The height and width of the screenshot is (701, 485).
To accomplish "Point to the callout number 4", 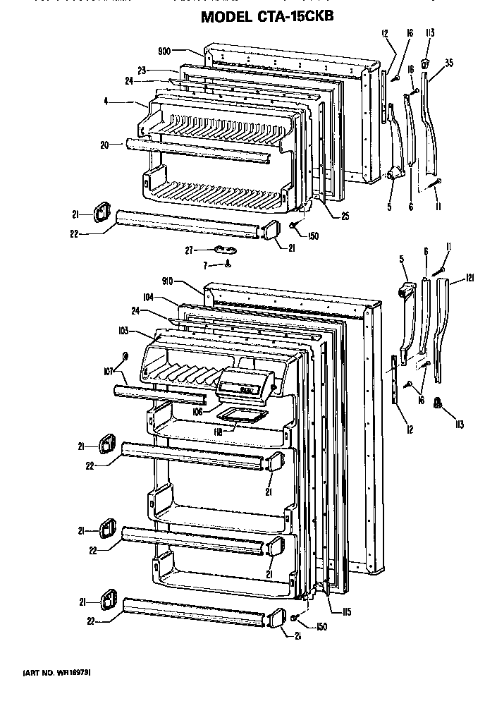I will tap(105, 102).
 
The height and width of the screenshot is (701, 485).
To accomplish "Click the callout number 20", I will tap(105, 145).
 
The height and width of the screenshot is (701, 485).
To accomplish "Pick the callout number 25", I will tap(344, 217).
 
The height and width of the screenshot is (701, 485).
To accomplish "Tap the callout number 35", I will tap(448, 62).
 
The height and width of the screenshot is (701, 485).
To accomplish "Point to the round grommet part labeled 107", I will tap(125, 355).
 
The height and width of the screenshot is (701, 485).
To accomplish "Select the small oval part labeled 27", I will tap(223, 248).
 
